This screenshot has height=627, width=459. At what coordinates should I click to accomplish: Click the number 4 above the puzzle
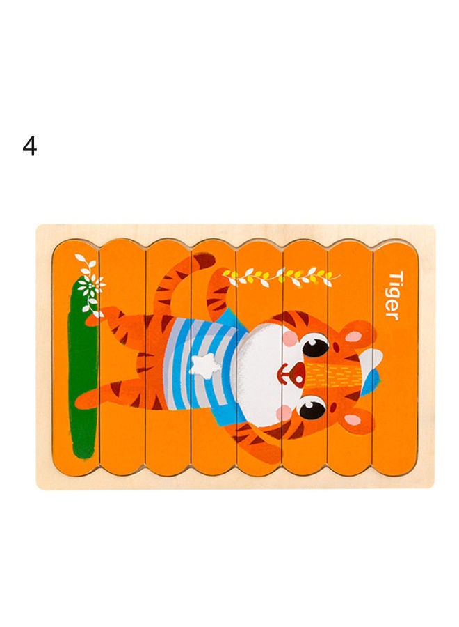point(29,147)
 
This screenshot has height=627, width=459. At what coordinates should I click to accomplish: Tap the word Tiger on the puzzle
point(394,295)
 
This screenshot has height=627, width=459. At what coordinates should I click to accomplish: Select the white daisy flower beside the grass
point(90,285)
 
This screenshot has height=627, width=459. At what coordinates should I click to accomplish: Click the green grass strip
point(83,376)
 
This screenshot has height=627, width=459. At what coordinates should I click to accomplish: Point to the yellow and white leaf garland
point(282,277)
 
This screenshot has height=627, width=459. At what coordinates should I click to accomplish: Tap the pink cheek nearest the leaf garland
point(290,338)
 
